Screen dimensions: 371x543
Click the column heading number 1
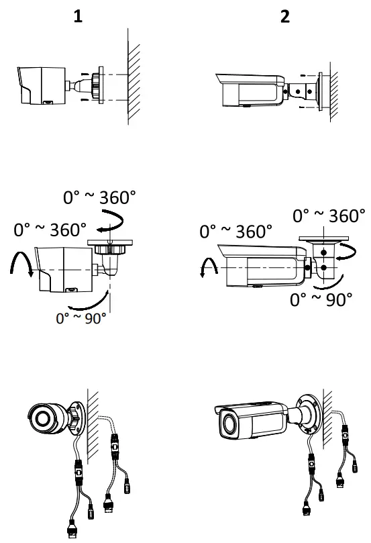pyautogui.click(x=78, y=16)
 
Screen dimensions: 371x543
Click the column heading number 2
pyautogui.click(x=285, y=16)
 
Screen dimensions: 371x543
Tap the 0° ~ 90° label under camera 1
pyautogui.click(x=81, y=318)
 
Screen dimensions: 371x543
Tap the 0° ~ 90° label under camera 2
pyautogui.click(x=321, y=299)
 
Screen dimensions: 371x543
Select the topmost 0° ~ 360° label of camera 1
pyautogui.click(x=99, y=197)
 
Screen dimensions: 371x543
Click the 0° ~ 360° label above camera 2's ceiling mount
pyautogui.click(x=329, y=215)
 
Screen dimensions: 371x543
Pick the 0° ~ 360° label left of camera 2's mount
pyautogui.click(x=235, y=232)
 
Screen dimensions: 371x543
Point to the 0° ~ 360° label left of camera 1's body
pyautogui.click(x=50, y=230)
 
